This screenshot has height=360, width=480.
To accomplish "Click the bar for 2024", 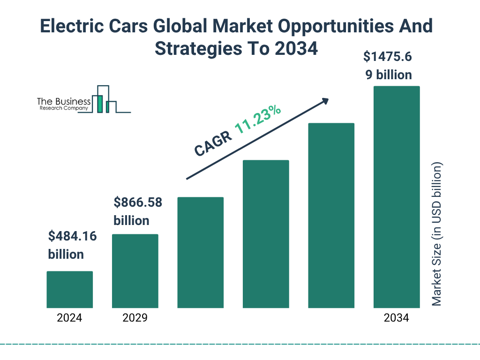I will point(69,289).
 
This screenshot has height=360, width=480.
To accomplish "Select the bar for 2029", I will point(135,271).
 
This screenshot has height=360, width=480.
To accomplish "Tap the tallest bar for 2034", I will point(396,197).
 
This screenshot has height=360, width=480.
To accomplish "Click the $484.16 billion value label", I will point(72,245).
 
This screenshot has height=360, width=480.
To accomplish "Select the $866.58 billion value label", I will point(138,211).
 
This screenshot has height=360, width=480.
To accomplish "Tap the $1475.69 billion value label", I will point(388,66).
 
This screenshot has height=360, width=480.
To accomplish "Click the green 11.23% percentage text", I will point(258,120).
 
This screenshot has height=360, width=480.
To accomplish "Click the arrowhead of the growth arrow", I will point(324,101).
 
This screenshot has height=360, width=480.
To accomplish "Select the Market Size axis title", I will point(437,234).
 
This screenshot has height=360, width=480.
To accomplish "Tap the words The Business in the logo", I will point(64,102).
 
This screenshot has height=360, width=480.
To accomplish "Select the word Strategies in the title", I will point(193,48).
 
